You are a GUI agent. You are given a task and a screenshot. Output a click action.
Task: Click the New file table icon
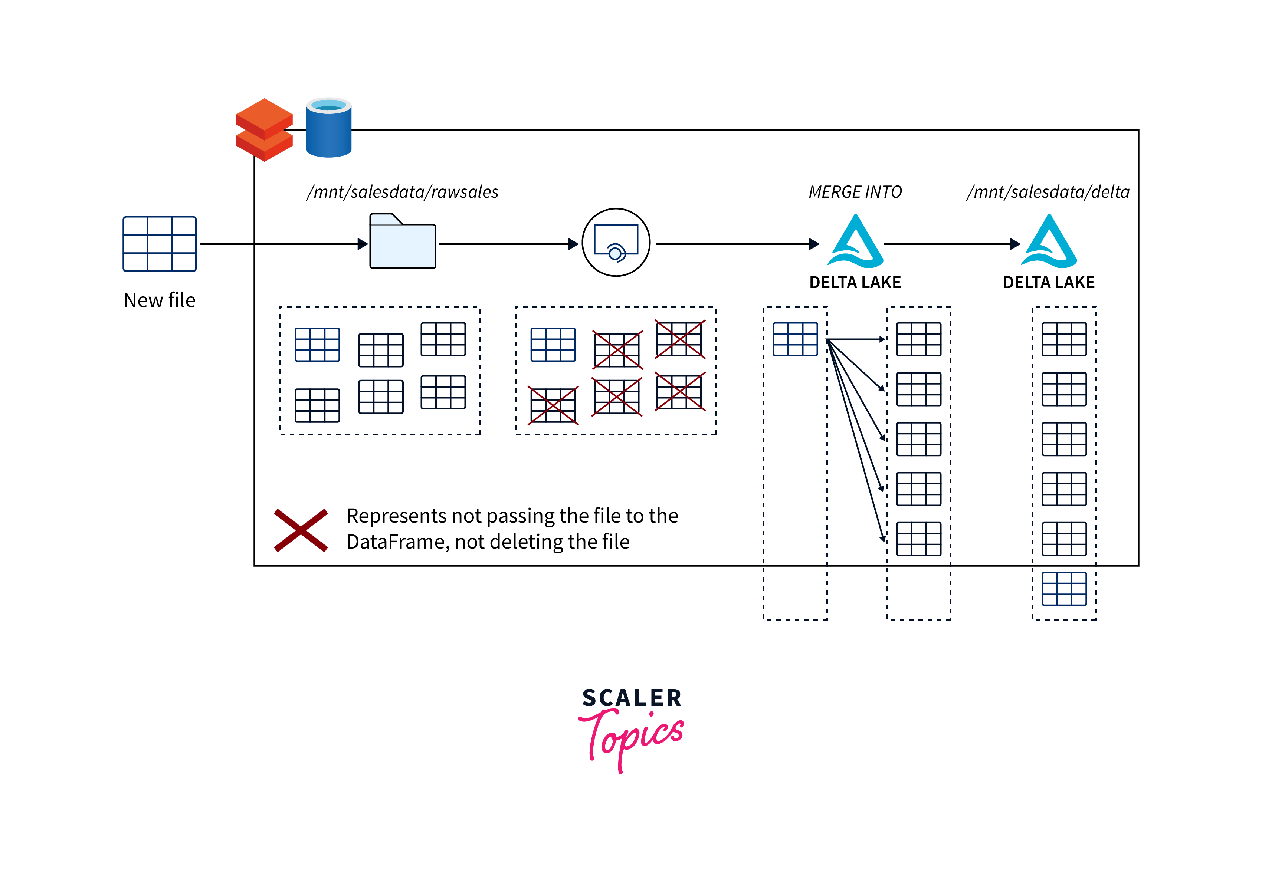coord(159,244)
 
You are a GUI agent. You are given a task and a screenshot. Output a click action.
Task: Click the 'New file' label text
coord(159,300)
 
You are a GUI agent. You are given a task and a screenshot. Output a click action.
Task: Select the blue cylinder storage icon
coord(328,128)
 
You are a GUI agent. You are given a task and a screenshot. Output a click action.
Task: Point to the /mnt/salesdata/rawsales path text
coord(402,192)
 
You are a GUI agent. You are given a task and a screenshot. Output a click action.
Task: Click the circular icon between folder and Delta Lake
coord(616,243)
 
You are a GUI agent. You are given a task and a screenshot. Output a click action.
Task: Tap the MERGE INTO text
coord(855,192)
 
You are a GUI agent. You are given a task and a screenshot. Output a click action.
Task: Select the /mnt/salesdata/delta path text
coord(1048,192)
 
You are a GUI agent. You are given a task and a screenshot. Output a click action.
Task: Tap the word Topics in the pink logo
coord(634,738)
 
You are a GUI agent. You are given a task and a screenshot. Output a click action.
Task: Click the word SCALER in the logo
coord(632,698)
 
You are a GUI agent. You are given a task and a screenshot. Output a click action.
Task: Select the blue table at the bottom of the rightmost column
coord(1063,588)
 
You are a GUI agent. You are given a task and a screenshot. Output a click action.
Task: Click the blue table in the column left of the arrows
coord(795,339)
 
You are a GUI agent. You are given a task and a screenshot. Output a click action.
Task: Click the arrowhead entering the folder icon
coord(363,244)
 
